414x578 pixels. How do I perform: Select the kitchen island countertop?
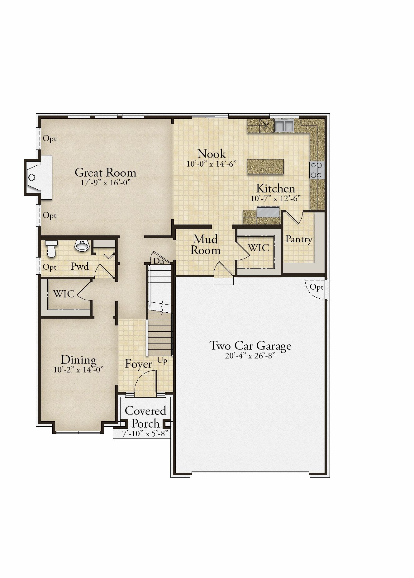(265, 166)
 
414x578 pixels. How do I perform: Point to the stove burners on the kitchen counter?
(317, 170)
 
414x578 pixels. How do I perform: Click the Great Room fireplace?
(38, 178)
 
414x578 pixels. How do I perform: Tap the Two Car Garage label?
(250, 346)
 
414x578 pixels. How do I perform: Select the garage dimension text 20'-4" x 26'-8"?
(250, 356)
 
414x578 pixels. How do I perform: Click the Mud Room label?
(206, 245)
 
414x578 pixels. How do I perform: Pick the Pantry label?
(299, 239)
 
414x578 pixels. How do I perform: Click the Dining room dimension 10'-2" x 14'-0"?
(79, 370)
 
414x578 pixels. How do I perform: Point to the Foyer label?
(139, 364)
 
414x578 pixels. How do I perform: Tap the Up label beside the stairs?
(162, 361)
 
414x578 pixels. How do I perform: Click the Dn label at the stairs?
(159, 261)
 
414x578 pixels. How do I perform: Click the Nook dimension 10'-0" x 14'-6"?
(212, 164)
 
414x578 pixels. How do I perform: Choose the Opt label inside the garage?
(316, 287)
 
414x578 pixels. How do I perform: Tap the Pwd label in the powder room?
(80, 266)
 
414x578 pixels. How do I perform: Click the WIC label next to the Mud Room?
(259, 248)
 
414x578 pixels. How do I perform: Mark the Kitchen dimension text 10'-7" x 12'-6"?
(276, 198)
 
